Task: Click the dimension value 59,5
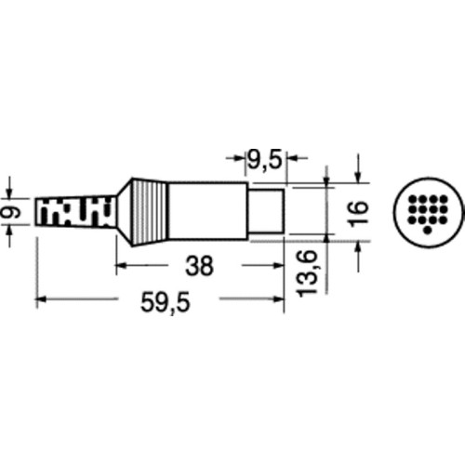tap(165, 302)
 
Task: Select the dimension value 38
tap(199, 266)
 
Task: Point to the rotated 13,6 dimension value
tap(307, 273)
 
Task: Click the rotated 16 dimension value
tap(358, 214)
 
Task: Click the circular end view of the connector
tap(428, 213)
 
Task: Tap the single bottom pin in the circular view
tap(428, 231)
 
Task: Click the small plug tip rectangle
tap(267, 211)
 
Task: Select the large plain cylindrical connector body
tap(207, 211)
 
